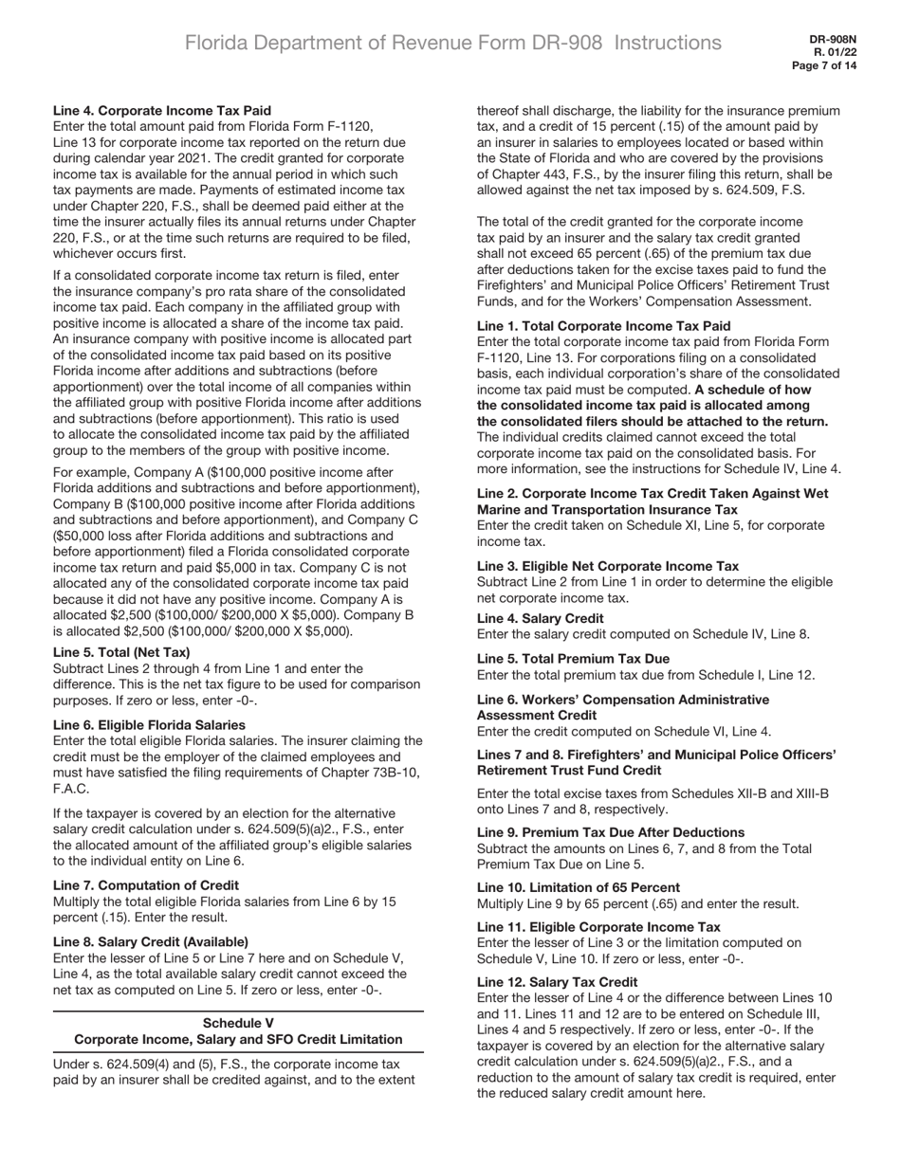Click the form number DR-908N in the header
coord(833,40)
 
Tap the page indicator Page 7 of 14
coord(824,66)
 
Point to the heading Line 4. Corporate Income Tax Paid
coord(162,111)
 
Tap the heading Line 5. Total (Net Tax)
coord(121,652)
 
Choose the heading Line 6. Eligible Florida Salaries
coord(149,725)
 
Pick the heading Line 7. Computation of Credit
coord(146,885)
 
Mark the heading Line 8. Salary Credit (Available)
coord(151,942)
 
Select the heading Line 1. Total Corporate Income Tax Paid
coord(603,326)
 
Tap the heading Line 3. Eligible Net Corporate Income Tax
coord(608,566)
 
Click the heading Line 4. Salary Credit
coord(540,618)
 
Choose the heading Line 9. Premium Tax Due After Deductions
coord(611,832)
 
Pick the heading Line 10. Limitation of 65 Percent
coord(578,887)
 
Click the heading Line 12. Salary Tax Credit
coord(557,982)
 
